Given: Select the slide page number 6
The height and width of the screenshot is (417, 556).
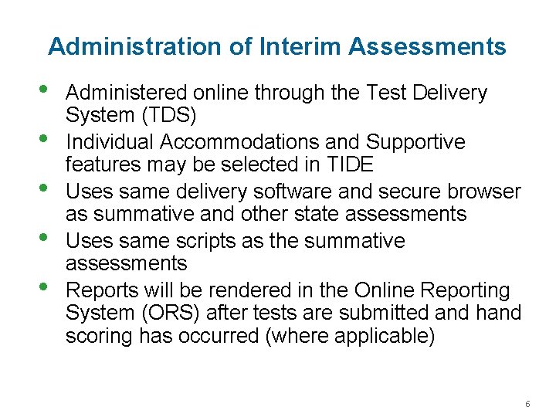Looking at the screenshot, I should (x=527, y=404).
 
